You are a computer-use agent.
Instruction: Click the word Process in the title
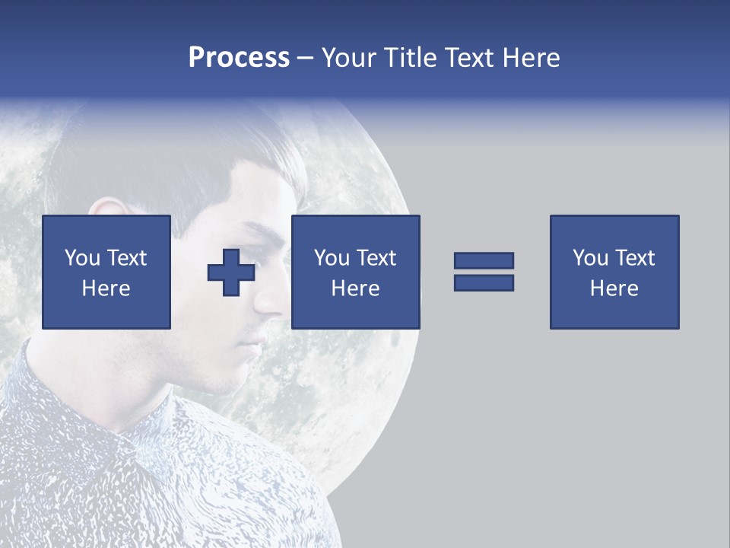point(239,57)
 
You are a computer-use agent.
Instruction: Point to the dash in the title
point(306,58)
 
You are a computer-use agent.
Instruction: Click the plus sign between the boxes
point(231,272)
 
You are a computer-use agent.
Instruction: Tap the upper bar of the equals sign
point(484,260)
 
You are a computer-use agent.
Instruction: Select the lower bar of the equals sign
point(484,282)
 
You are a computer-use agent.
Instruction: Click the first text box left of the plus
point(106,272)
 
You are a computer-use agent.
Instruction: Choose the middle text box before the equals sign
point(355,272)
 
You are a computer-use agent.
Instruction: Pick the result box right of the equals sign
point(614,272)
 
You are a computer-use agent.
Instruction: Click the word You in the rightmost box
point(590,258)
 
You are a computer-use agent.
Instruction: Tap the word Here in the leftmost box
point(106,288)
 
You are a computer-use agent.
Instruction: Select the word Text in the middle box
point(376,258)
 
